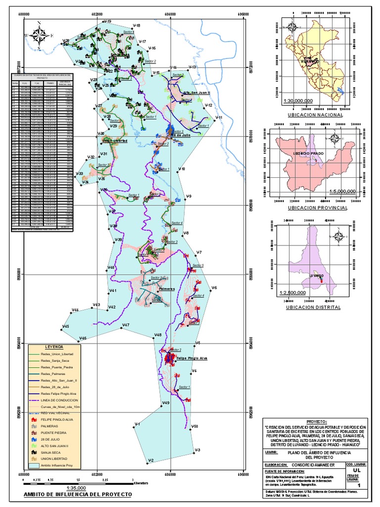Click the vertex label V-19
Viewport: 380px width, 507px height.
107,21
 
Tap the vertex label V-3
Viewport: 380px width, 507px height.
197,450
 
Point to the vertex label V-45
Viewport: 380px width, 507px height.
65,326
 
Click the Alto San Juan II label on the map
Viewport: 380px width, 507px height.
196,93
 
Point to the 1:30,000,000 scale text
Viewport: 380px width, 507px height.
298,101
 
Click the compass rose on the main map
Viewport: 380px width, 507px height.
39,35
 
